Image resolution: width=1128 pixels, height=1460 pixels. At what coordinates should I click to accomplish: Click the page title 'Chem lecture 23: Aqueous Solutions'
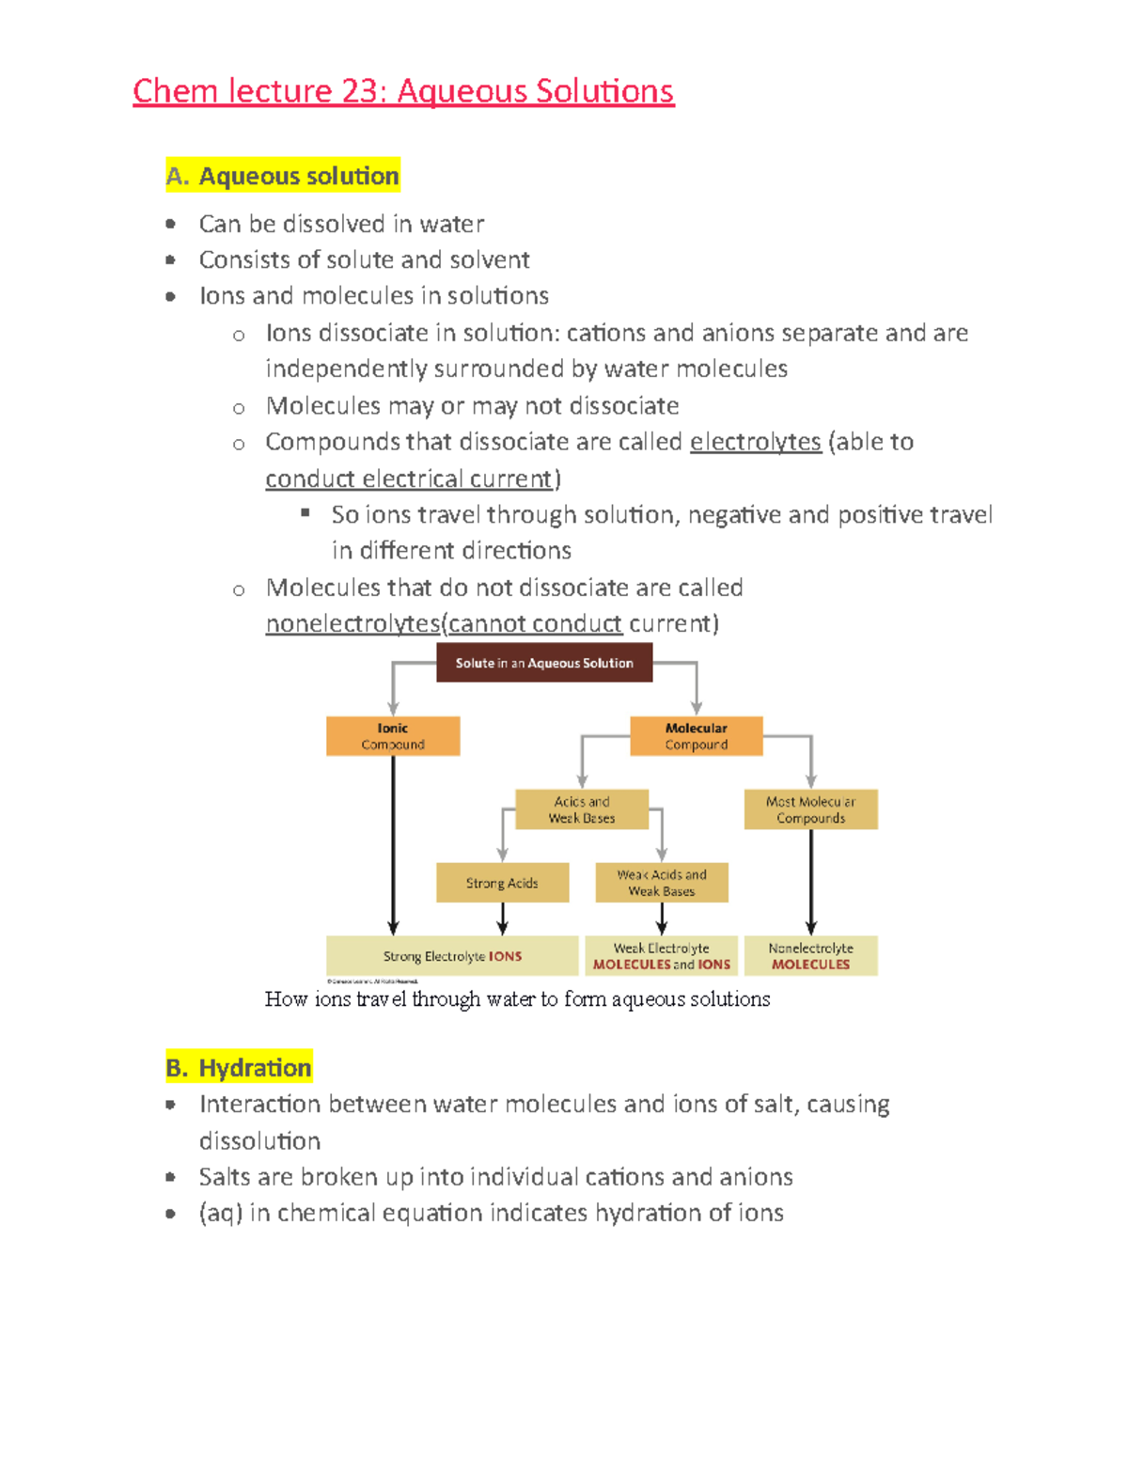(x=403, y=91)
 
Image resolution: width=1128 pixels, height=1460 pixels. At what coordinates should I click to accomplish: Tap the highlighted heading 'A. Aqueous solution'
(x=283, y=176)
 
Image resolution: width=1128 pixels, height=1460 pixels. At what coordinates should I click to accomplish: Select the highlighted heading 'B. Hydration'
(x=239, y=1068)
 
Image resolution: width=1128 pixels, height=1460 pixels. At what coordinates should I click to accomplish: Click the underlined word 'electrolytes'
(x=755, y=442)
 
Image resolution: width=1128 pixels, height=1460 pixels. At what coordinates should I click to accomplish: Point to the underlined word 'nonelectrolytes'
(x=352, y=623)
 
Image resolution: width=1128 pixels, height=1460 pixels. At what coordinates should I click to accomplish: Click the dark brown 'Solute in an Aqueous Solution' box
(x=544, y=663)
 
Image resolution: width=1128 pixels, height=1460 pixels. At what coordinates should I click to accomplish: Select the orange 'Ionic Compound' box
(x=393, y=736)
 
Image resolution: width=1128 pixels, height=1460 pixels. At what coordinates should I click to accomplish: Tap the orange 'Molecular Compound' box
(x=696, y=736)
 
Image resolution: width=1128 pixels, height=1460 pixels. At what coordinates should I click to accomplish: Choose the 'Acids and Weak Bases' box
(x=582, y=809)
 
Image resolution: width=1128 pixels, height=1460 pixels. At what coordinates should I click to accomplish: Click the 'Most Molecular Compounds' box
(x=810, y=809)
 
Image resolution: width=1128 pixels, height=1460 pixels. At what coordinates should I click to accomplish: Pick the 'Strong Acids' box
(x=502, y=883)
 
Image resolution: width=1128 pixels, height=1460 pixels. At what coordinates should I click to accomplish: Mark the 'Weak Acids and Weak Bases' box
(x=662, y=883)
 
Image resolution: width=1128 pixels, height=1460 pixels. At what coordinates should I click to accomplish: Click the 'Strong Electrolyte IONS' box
(x=452, y=956)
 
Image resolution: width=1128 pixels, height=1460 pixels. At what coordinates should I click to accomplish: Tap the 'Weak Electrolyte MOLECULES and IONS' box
(x=662, y=956)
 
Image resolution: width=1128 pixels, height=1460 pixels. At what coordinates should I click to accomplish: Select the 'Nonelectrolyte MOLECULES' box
(x=810, y=956)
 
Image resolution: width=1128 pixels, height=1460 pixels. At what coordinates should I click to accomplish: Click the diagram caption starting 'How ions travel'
(x=517, y=999)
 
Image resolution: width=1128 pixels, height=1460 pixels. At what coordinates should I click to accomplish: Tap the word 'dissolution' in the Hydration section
(x=259, y=1141)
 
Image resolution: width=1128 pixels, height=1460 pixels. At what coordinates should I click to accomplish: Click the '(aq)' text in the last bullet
(x=221, y=1214)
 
